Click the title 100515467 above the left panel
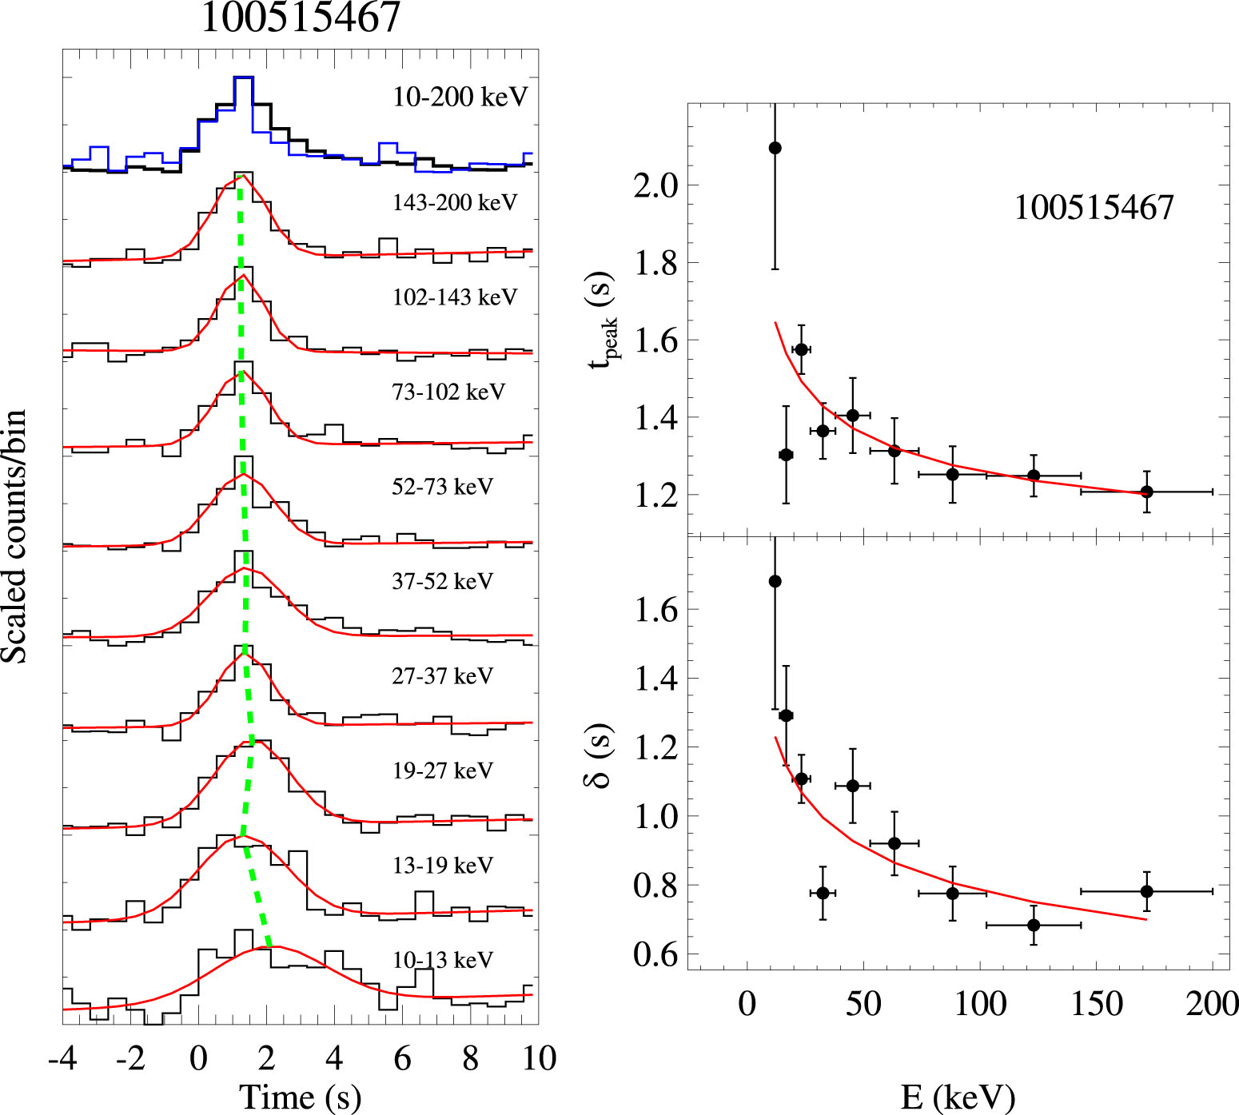pyautogui.click(x=300, y=18)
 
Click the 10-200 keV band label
pyautogui.click(x=460, y=97)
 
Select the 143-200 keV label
pyautogui.click(x=455, y=202)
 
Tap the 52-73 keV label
pyautogui.click(x=443, y=487)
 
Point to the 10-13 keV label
pyautogui.click(x=443, y=959)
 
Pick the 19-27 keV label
pyautogui.click(x=443, y=771)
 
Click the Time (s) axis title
pyautogui.click(x=300, y=1097)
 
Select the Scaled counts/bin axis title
pyautogui.click(x=14, y=536)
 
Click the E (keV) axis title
pyautogui.click(x=958, y=1097)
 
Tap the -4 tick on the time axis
pyautogui.click(x=62, y=1058)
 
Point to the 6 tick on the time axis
pyautogui.click(x=402, y=1058)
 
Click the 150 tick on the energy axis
pyautogui.click(x=1097, y=1004)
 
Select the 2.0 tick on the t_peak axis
pyautogui.click(x=655, y=186)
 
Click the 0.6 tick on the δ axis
pyautogui.click(x=655, y=954)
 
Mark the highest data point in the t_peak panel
pyautogui.click(x=775, y=148)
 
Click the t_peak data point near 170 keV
pyautogui.click(x=1146, y=492)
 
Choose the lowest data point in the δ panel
pyautogui.click(x=1034, y=925)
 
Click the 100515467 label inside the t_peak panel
pyautogui.click(x=1094, y=208)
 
